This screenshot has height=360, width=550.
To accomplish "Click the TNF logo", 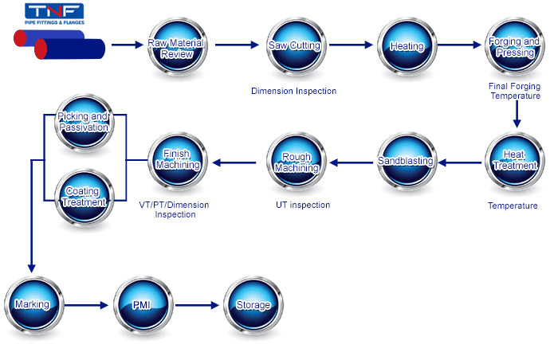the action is point(54,14).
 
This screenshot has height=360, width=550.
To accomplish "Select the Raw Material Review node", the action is point(177,47).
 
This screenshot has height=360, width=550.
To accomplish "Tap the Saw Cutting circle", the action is point(296,47).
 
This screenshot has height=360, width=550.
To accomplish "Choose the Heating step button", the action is point(407,47).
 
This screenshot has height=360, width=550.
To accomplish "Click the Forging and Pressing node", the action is point(515,47).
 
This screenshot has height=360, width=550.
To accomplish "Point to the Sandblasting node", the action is point(407,162).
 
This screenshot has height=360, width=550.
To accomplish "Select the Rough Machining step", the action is point(297,162).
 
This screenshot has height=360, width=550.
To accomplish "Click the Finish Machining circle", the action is point(178,162).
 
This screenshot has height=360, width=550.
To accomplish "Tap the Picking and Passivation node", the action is point(84,123).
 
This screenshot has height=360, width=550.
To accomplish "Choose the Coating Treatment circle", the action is point(84,198).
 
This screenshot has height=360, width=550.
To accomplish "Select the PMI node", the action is point(143,306).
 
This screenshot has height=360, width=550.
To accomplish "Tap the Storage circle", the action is point(253,306).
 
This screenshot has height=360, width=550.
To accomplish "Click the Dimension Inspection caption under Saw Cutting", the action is point(294,91).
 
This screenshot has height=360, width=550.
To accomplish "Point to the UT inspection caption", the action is point(303,205).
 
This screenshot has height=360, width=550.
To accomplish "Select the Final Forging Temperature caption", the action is point(515,91).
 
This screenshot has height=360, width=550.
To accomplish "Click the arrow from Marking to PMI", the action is point(86,305).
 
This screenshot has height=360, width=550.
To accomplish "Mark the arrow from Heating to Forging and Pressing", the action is point(459,45).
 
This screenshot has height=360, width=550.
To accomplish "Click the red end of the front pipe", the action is point(41,49).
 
